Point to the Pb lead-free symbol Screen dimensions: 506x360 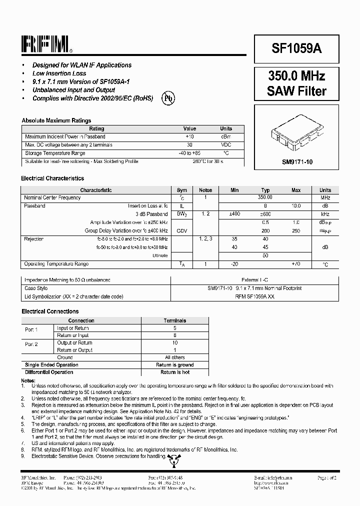168,98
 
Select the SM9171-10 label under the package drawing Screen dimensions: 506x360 296,162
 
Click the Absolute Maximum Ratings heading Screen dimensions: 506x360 56,120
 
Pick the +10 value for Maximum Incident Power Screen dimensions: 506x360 189,136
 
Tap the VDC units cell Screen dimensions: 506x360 226,145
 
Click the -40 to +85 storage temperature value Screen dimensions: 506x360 189,153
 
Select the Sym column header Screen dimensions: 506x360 182,190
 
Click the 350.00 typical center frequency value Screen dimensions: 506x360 265,197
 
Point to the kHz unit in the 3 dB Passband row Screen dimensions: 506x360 325,214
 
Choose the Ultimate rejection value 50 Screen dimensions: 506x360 265,255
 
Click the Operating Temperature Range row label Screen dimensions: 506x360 56,264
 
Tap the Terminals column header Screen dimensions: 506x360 174,320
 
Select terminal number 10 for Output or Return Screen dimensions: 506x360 174,343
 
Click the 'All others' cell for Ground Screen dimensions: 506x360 174,357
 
